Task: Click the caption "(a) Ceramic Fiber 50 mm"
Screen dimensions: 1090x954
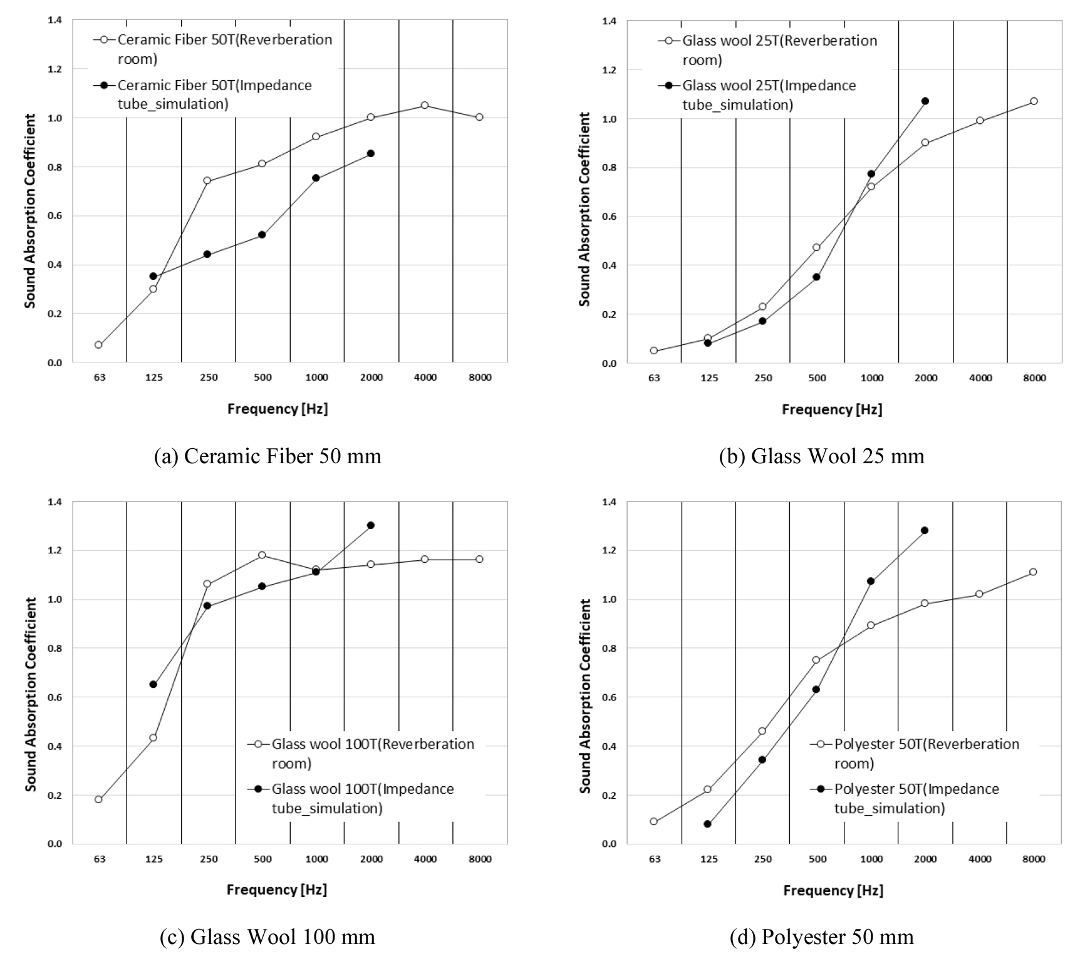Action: coord(267,456)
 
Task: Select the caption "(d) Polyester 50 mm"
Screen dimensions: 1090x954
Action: coord(821,936)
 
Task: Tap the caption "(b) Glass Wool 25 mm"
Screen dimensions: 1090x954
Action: coord(821,456)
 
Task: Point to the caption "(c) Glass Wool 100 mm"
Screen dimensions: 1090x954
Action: coord(267,936)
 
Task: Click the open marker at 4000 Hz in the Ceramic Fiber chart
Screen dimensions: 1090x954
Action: coord(425,105)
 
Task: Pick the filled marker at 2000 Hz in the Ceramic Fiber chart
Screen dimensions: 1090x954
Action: coord(371,153)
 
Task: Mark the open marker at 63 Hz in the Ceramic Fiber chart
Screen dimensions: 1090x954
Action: coord(98,345)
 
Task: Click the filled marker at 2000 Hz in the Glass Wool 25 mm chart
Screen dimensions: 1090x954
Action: coord(925,101)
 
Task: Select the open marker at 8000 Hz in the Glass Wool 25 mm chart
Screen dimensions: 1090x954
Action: coord(1034,101)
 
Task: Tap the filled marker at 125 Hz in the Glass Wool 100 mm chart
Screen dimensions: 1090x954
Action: coord(153,684)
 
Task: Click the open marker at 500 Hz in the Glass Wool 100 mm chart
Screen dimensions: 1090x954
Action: coord(262,555)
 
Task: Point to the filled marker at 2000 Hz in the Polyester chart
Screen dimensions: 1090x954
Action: coord(925,530)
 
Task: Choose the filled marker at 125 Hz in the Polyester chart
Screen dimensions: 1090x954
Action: coord(707,824)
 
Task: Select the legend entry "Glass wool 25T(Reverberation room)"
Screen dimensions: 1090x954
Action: coord(767,50)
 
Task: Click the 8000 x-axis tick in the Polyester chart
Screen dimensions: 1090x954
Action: coord(1034,859)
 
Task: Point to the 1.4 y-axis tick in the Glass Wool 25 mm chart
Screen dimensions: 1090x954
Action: coord(608,21)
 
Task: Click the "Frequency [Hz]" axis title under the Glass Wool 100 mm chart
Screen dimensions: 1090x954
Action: coord(277,890)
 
